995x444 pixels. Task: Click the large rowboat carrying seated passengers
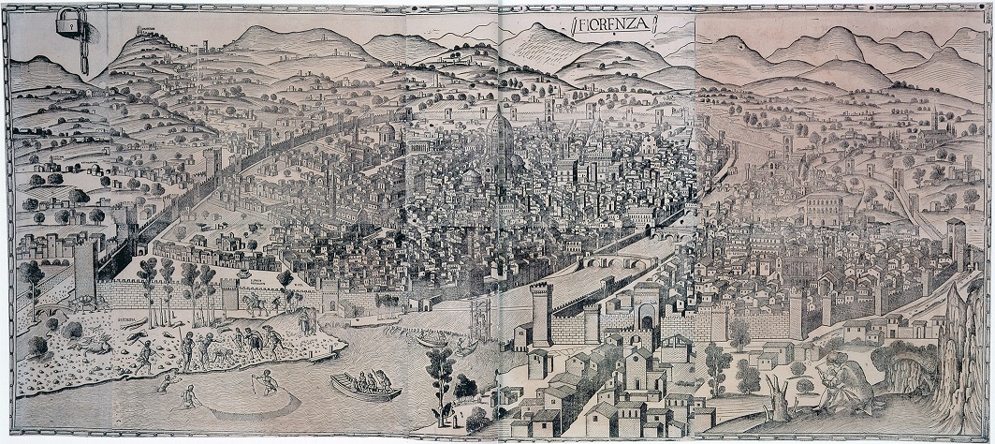(x=365, y=385)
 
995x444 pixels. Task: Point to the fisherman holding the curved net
(x=267, y=381)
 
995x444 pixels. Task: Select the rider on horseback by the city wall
(x=255, y=302)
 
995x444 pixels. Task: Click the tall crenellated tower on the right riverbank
(x=541, y=314)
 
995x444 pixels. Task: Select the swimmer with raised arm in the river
(x=168, y=378)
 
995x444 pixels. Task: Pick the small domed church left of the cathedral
(x=386, y=134)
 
